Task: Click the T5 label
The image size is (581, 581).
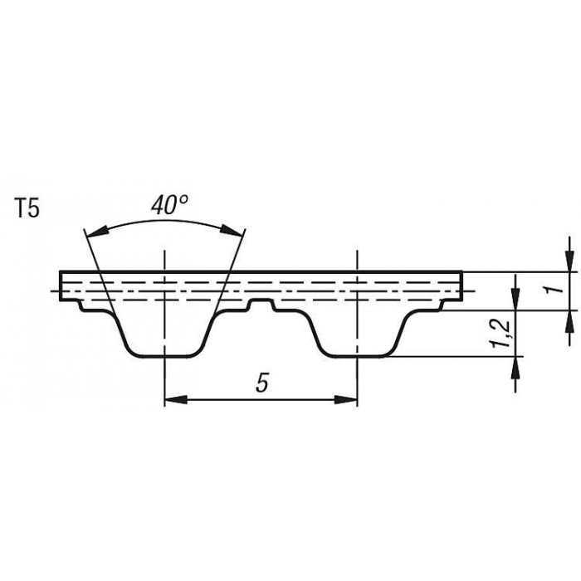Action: click(x=27, y=209)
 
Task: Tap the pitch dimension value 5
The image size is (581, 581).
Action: click(x=261, y=383)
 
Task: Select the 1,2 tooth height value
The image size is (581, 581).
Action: click(x=501, y=334)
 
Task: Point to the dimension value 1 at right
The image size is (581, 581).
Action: click(x=554, y=289)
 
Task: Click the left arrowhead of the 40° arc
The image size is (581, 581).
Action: click(x=97, y=232)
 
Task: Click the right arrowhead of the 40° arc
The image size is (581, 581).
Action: click(x=232, y=230)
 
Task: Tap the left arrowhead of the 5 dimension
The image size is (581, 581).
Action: click(x=176, y=400)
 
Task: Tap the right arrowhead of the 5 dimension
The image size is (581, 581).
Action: click(x=346, y=400)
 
